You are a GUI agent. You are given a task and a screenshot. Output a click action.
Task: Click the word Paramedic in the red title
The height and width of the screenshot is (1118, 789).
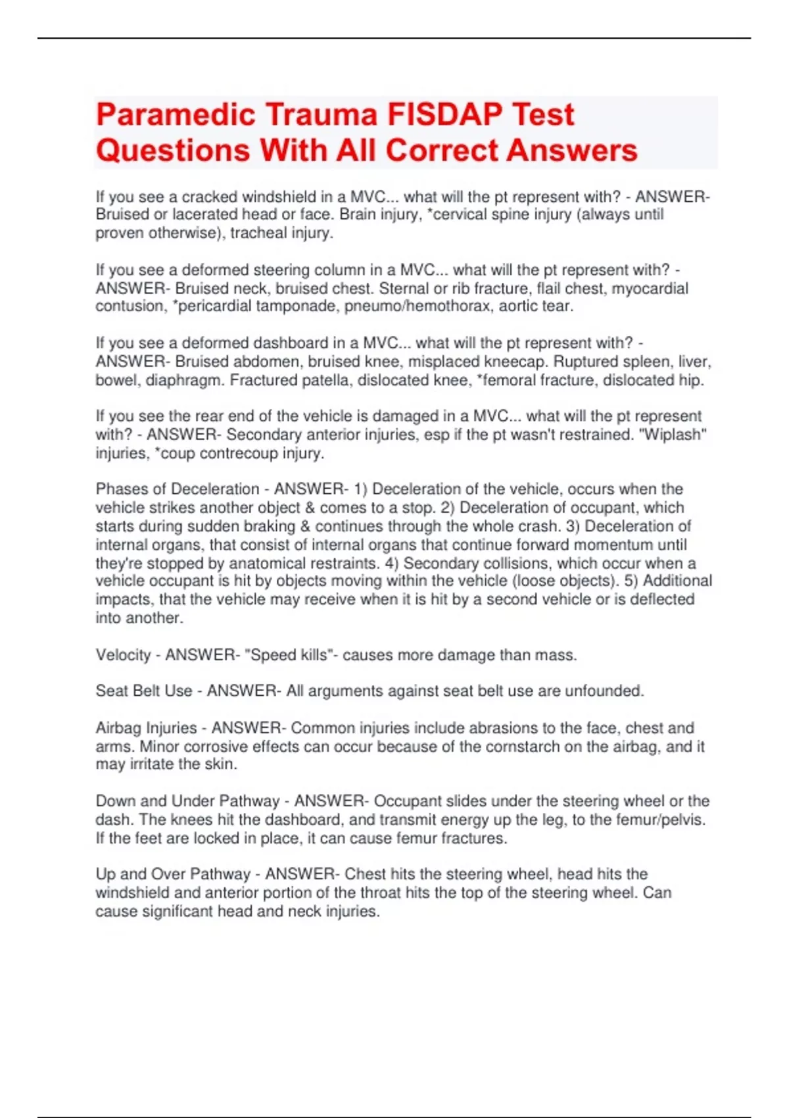point(176,115)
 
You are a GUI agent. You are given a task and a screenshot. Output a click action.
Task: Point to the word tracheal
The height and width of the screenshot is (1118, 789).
point(256,233)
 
